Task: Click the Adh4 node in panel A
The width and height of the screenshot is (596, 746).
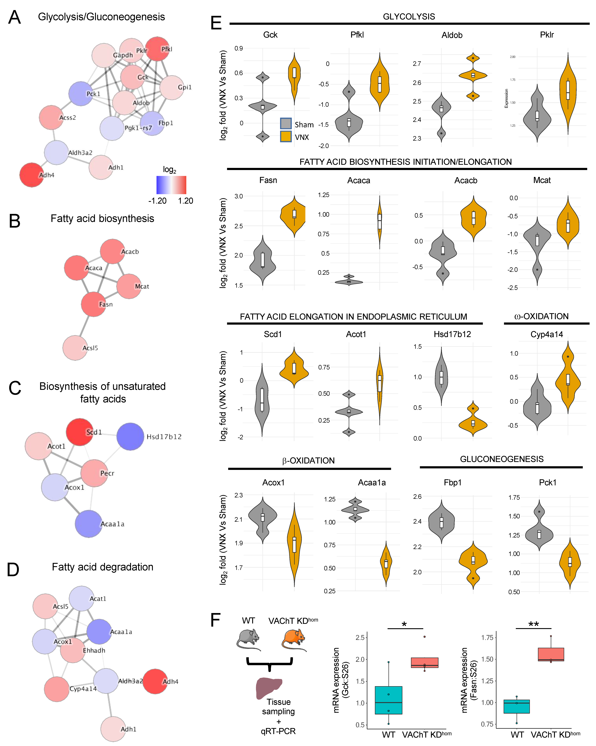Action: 32,175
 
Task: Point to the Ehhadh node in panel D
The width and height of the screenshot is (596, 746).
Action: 73,650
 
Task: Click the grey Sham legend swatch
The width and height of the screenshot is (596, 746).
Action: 285,124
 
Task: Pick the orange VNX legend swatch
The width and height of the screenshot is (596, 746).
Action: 285,136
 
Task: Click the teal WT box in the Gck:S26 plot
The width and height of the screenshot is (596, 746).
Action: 388,700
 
